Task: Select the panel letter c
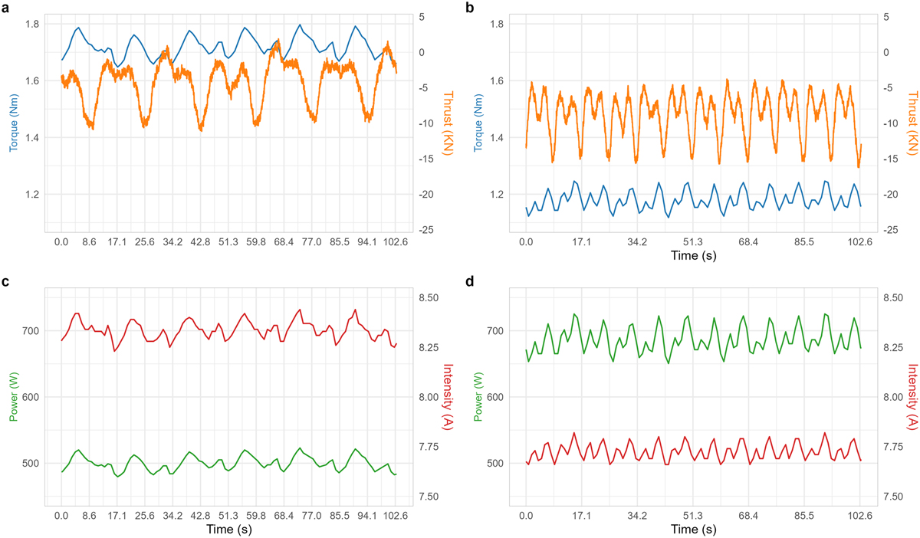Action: coord(5,281)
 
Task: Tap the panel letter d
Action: coord(469,281)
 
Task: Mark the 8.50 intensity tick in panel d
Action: coord(892,298)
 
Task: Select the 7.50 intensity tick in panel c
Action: coord(430,497)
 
